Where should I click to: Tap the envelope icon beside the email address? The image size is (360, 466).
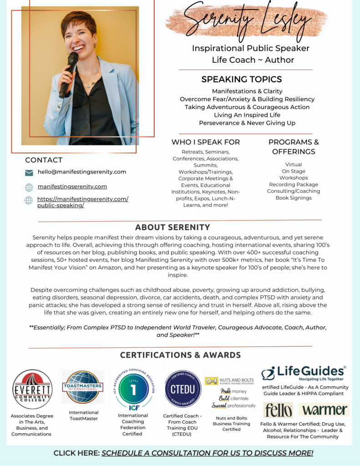point(29,173)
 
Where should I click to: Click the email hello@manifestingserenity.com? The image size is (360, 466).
point(82,172)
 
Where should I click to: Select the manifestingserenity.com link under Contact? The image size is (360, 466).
point(72,187)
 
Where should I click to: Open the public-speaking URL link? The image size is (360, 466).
point(82,202)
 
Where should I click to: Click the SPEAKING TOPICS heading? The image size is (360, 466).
point(242,79)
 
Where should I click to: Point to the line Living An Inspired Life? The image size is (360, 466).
point(247,115)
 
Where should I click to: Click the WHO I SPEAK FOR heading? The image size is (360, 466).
point(206,142)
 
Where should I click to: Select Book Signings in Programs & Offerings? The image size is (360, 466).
point(294,198)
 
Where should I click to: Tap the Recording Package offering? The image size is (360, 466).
point(294,185)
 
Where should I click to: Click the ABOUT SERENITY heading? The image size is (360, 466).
point(172,228)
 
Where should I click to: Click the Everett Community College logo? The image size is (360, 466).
point(32,389)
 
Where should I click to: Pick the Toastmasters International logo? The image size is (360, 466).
point(82,387)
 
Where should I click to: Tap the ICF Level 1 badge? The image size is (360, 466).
point(133,389)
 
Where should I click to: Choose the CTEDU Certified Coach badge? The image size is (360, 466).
point(183,389)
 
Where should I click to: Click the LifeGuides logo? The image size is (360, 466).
point(304,373)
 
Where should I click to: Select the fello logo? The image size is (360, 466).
point(278,410)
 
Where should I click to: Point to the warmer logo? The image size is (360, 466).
point(324,410)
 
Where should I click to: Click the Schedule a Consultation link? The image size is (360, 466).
point(207,453)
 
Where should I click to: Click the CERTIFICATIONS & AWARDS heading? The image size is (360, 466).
point(180,355)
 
